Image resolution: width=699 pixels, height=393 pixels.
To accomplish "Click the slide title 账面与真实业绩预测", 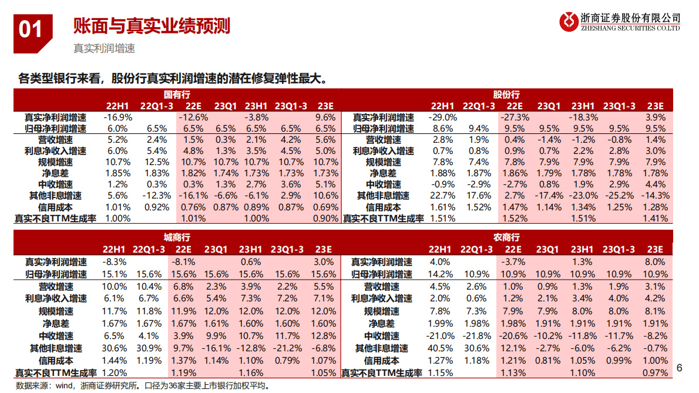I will [151, 26].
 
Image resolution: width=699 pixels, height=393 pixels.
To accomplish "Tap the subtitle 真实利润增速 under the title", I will [104, 49].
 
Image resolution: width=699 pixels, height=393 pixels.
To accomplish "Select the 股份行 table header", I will [506, 95].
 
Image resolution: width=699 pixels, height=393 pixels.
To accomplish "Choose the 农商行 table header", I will [506, 237].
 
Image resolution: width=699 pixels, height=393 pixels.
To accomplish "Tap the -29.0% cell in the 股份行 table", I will [443, 117].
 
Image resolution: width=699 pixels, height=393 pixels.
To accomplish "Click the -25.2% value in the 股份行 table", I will [619, 196].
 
